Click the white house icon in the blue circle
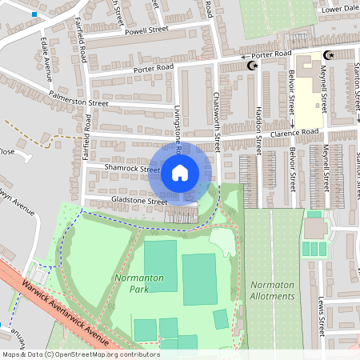[180, 172]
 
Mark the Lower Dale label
[337, 10]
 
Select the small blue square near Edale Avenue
[34, 14]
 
